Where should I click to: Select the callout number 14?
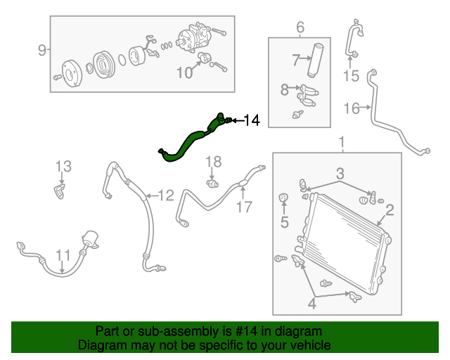(251, 121)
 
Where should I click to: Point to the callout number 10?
(184, 72)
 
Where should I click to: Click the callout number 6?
(300, 27)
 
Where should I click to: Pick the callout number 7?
(296, 60)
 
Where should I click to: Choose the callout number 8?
(285, 89)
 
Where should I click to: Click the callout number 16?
(352, 108)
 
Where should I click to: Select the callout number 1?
(342, 144)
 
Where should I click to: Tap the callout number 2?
(389, 209)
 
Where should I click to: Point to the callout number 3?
(339, 173)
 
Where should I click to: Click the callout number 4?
(311, 304)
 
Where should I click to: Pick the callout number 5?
(285, 223)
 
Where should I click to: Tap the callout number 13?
(63, 167)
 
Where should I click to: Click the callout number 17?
(243, 207)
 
